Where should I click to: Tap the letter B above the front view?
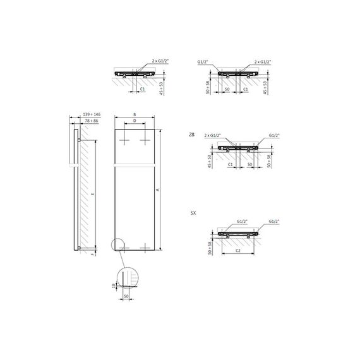pyautogui.click(x=135, y=116)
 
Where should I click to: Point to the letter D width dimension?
pyautogui.click(x=135, y=123)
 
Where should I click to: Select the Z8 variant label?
pyautogui.click(x=192, y=135)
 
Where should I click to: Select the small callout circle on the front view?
pyautogui.click(x=116, y=246)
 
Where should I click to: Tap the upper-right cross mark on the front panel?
pyautogui.click(x=145, y=140)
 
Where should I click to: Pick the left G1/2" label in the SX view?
pyautogui.click(x=242, y=222)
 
